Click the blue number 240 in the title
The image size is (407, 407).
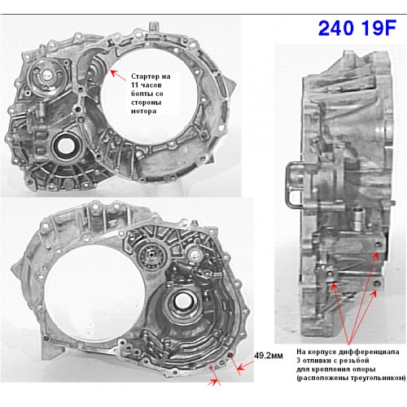(336, 28)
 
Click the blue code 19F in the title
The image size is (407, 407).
(379, 28)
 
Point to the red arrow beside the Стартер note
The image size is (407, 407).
(118, 75)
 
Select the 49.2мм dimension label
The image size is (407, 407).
(269, 356)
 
